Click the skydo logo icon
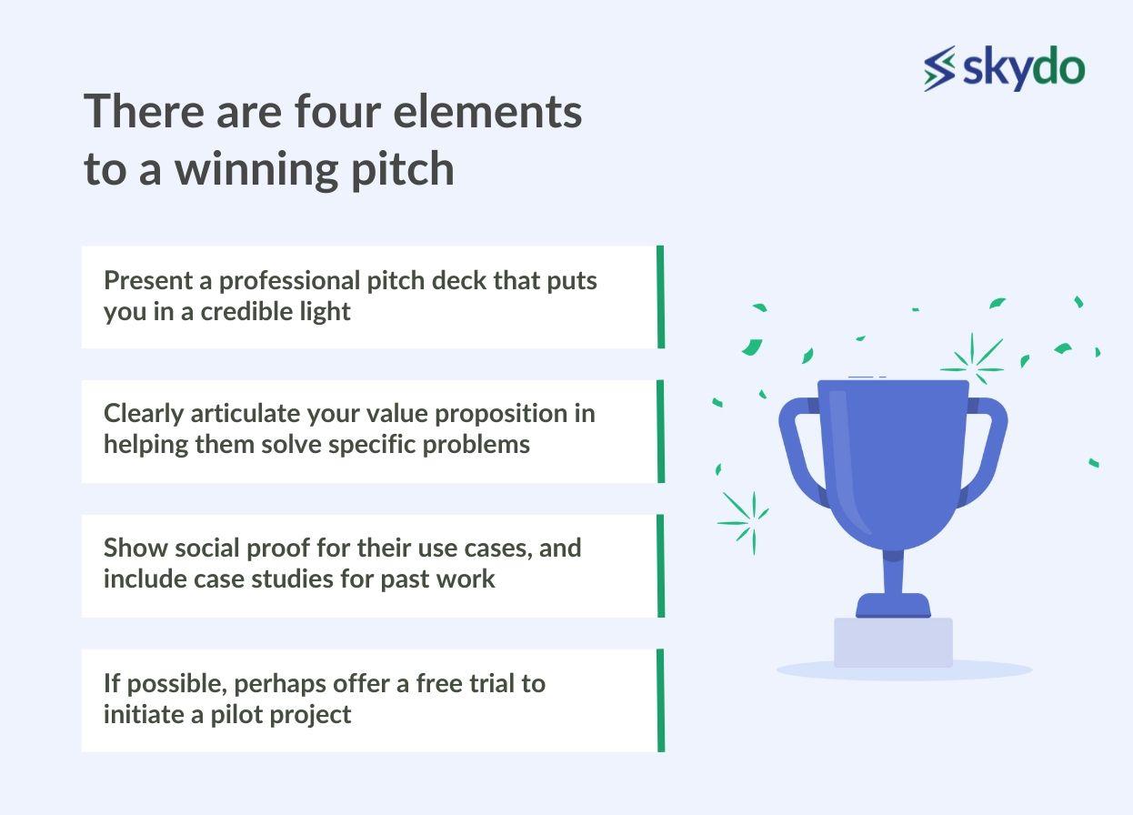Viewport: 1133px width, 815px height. click(x=940, y=68)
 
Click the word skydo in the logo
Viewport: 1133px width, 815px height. click(x=1022, y=68)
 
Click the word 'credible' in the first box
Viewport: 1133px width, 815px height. click(x=244, y=311)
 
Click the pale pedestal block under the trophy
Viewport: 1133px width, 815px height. click(x=893, y=643)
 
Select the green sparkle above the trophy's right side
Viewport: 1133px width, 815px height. click(x=973, y=360)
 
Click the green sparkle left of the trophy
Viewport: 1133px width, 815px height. click(x=744, y=520)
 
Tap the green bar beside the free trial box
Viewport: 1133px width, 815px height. click(x=660, y=700)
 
